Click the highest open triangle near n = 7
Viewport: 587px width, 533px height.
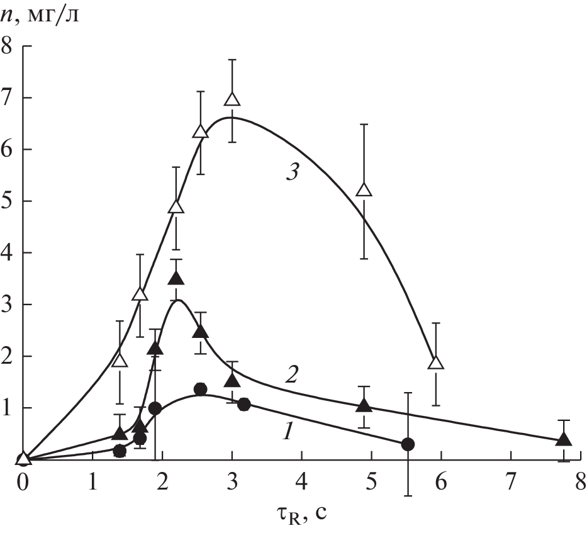232,100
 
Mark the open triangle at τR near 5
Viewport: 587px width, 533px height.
364,189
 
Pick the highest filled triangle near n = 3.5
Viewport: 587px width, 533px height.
177,278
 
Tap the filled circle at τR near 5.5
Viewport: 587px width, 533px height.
408,444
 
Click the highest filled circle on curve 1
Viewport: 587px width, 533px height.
200,389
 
